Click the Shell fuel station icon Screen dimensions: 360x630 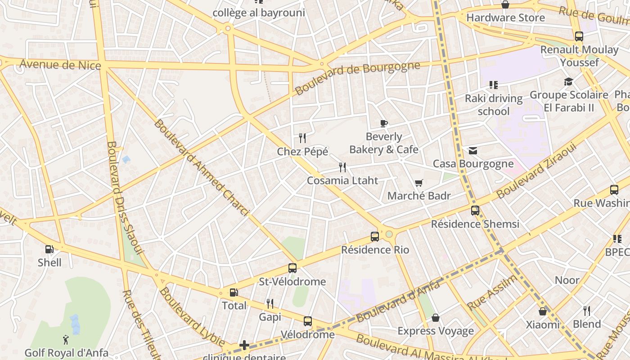[49, 249]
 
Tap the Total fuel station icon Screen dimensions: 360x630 [234, 292]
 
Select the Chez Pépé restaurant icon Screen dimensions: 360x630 [302, 138]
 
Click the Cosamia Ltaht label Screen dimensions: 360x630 [342, 180]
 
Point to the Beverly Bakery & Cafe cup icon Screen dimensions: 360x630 [383, 123]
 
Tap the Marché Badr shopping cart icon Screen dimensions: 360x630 [418, 183]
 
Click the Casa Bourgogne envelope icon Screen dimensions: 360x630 [473, 150]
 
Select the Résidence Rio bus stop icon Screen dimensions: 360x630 [375, 236]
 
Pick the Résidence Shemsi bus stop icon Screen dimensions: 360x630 [475, 210]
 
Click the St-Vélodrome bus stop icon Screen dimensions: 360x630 [292, 268]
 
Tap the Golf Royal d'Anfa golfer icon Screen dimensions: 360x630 [66, 339]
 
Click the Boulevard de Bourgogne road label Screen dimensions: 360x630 [357, 78]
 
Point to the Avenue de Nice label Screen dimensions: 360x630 [60, 65]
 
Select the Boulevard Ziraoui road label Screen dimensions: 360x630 [536, 172]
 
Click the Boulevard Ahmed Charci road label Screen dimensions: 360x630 [201, 167]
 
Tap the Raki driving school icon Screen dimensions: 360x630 [494, 85]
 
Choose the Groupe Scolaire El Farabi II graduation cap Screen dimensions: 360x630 [569, 81]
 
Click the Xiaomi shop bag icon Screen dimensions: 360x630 [543, 311]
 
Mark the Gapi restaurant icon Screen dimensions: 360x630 [270, 304]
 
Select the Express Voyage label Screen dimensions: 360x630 [436, 331]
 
